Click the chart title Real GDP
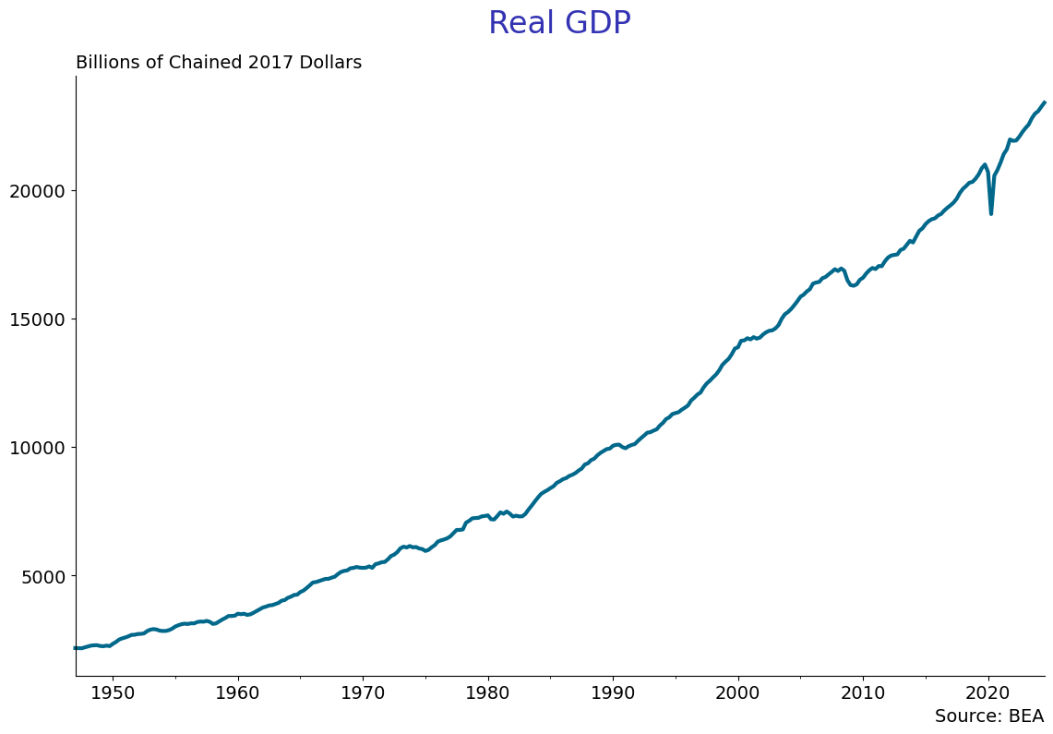pyautogui.click(x=559, y=24)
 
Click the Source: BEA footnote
pyautogui.click(x=988, y=716)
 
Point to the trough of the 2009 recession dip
pyautogui.click(x=854, y=285)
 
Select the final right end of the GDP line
pyautogui.click(x=1045, y=102)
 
